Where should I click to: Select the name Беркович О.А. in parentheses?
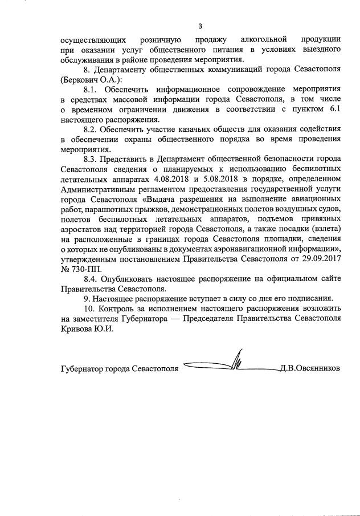[x=92, y=79]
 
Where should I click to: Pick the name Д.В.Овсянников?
[x=310, y=368]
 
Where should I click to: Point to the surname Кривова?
[x=77, y=327]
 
